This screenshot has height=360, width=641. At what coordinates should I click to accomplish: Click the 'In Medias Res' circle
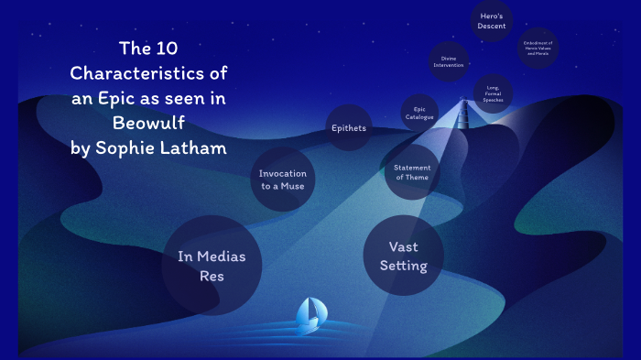click(212, 265)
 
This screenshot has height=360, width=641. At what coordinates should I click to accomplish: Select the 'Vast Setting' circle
click(407, 256)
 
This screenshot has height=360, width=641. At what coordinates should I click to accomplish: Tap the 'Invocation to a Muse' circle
click(282, 180)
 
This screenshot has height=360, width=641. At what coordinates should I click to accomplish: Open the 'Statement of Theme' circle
click(412, 172)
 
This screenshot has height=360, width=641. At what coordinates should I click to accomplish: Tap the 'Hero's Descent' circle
click(492, 21)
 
